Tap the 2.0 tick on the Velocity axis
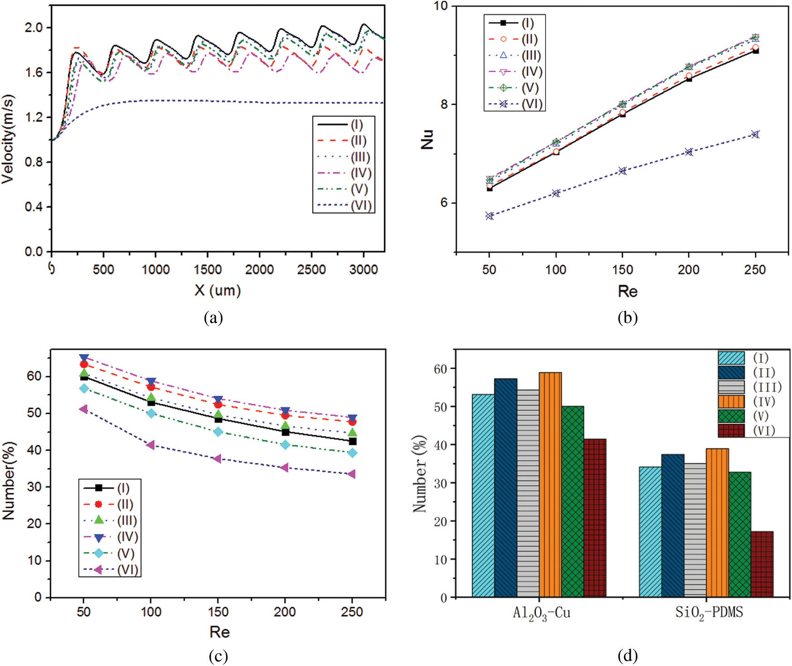pos(34,28)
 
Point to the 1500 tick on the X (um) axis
pos(208,269)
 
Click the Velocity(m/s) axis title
pos(8,139)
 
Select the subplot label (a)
pos(213,317)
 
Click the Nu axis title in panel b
pos(427,139)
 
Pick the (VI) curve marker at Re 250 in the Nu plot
pos(755,134)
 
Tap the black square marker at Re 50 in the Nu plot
pos(489,188)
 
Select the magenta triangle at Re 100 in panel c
pos(151,445)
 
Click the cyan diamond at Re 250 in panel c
pos(352,453)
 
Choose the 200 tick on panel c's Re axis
pos(285,612)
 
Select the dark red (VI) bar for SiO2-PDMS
pos(762,564)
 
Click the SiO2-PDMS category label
pos(709,613)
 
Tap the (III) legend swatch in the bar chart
pos(731,387)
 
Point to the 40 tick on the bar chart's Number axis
pos(440,445)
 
